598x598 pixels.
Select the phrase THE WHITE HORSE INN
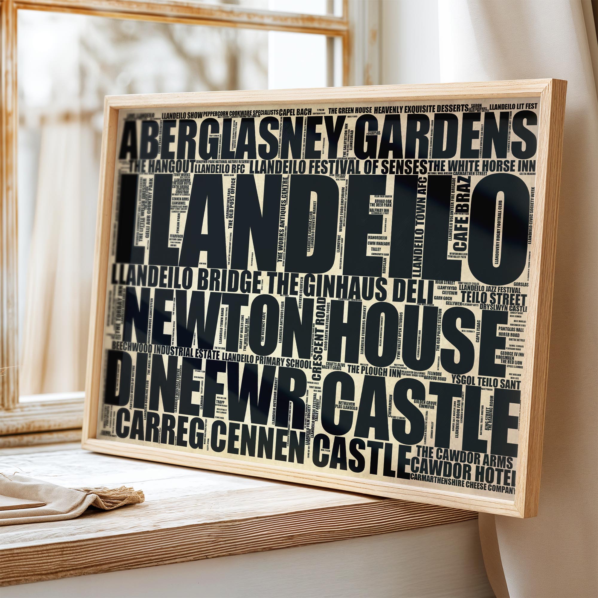tap(482, 166)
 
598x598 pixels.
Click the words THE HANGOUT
tap(162, 166)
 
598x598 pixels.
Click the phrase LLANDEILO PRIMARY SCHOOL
tap(266, 360)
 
